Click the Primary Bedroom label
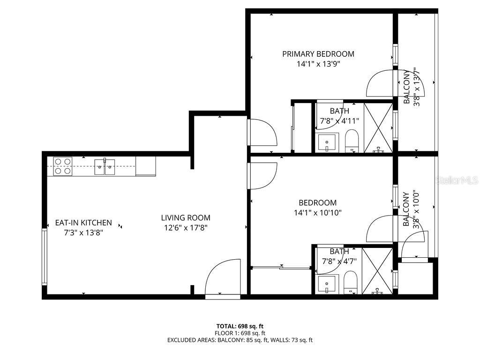point(318,54)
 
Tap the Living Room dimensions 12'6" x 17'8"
point(186,228)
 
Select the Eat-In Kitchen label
point(83,223)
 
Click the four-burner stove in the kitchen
point(62,166)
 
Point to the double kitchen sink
point(105,166)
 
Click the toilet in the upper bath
point(352,141)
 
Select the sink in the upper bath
point(327,142)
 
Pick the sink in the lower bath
point(327,284)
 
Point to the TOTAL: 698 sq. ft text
point(240,325)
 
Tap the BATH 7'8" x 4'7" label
point(339,256)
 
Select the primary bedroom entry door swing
point(262,133)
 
